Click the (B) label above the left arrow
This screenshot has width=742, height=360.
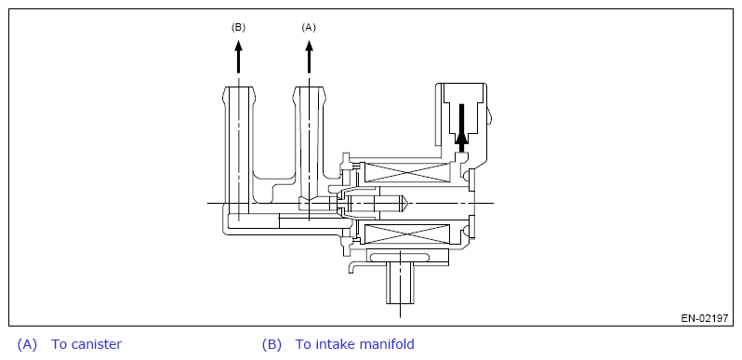[x=238, y=28]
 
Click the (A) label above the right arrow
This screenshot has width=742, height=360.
[x=309, y=28]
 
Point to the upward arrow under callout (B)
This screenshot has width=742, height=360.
[x=238, y=57]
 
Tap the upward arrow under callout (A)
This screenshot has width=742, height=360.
[x=310, y=57]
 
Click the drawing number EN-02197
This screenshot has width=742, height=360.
[x=705, y=318]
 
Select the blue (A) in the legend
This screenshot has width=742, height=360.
[x=27, y=344]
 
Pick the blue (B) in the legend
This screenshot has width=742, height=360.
[x=272, y=344]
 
